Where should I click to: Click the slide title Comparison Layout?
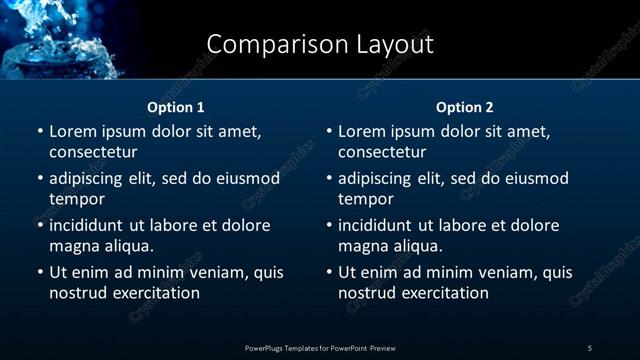coord(320,44)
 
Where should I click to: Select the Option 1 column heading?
coord(176,107)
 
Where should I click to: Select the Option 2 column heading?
coord(465,107)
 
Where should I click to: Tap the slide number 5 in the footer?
coord(590,347)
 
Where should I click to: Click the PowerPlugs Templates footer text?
coord(320,347)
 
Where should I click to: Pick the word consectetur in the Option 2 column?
coord(382,152)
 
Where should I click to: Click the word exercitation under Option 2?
coord(441,293)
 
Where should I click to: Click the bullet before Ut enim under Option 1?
coord(40,272)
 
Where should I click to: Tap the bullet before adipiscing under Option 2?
coord(329,178)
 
